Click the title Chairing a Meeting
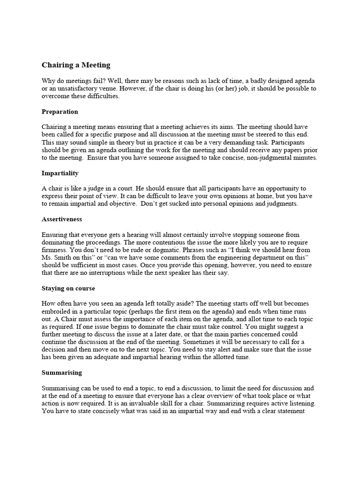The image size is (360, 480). pyautogui.click(x=76, y=65)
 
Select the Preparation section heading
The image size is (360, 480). pyautogui.click(x=60, y=112)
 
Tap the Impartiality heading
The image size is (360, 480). pyautogui.click(x=60, y=173)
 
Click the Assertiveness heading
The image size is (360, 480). pyautogui.click(x=61, y=218)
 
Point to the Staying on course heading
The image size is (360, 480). pyautogui.click(x=68, y=288)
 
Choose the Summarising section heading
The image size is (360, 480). pyautogui.click(x=61, y=372)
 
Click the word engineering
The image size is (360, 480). pyautogui.click(x=243, y=257)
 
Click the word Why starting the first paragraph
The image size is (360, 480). pyautogui.click(x=49, y=81)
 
